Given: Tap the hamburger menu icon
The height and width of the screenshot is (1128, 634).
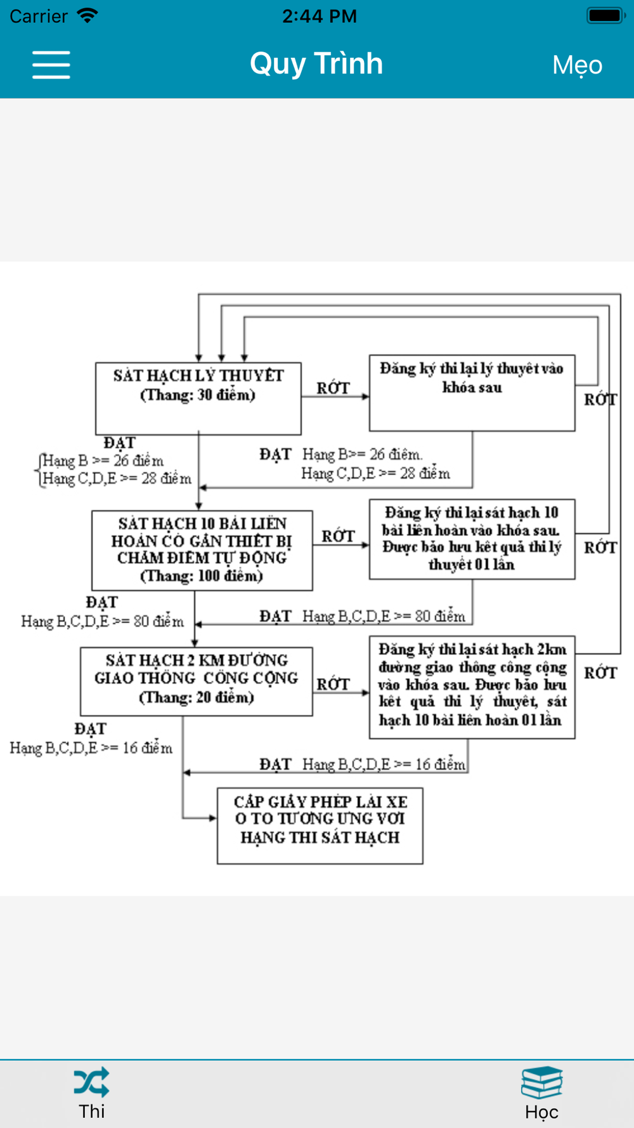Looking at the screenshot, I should coord(51,65).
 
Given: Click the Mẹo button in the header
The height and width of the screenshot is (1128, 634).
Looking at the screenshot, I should coord(577,65).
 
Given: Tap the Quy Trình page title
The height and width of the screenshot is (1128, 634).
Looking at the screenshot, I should coord(316,64).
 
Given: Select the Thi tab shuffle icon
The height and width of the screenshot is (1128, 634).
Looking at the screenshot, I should coord(91,1083).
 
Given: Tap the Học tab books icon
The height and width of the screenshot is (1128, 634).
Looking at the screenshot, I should coord(541,1083).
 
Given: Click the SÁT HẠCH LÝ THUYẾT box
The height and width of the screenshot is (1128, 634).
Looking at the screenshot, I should coord(198,398).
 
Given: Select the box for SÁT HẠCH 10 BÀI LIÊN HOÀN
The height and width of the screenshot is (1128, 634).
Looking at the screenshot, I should coord(202,550).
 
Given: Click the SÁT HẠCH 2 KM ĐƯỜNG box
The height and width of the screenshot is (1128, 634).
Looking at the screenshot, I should coord(196,681).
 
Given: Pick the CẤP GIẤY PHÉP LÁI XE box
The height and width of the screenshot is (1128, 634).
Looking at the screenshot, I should coord(320,825).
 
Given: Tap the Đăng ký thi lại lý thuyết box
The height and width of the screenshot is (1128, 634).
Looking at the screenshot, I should coord(472,393).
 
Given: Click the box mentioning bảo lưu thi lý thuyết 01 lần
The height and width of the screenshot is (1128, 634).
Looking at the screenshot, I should coord(472,539).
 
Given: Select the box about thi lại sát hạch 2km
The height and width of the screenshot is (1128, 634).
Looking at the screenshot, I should coord(472,686).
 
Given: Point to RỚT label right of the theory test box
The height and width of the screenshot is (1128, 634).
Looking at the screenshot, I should coord(333,388).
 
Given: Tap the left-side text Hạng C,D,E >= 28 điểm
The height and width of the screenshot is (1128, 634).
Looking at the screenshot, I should coord(117,478).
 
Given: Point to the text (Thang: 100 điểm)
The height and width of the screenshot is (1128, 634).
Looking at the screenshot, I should coord(201,576).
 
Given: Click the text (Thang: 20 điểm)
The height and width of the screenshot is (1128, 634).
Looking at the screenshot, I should coord(196,697).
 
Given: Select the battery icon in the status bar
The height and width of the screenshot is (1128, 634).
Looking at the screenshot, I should coord(605,15).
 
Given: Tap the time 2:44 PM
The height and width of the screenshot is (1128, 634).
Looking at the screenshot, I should coord(320,16).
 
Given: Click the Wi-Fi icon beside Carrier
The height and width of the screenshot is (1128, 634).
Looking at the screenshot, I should coord(87,15).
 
